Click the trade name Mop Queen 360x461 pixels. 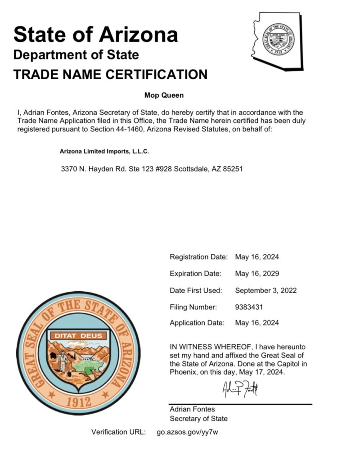click(164, 95)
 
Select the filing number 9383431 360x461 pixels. click(249, 307)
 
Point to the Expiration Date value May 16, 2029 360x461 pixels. click(257, 273)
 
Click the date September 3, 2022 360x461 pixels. click(265, 290)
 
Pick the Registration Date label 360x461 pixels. click(198, 257)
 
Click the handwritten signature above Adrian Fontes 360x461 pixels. click(240, 388)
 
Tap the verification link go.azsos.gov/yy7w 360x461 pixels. click(188, 432)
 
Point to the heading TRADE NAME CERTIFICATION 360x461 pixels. click(111, 74)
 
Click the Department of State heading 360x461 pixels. click(76, 55)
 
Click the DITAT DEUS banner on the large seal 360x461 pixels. click(78, 335)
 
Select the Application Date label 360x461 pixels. click(197, 323)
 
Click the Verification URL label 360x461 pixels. click(118, 432)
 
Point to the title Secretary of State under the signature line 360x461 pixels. click(198, 419)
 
